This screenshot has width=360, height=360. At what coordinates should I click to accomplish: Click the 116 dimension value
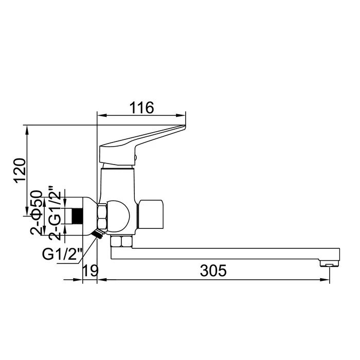coord(141,107)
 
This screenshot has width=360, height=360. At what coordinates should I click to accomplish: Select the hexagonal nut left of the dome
coord(101,216)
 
